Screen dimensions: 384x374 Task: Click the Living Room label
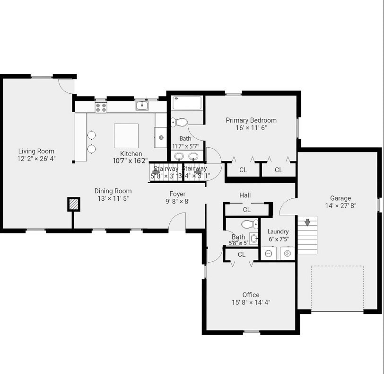tap(36, 151)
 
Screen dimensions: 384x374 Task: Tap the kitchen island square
tap(126, 136)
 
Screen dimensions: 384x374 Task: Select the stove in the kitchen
tap(101, 107)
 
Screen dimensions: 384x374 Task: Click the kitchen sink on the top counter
tap(142, 106)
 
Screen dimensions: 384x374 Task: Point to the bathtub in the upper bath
tap(187, 103)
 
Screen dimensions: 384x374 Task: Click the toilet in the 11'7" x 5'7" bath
tap(179, 122)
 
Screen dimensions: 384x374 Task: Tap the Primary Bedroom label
tap(251, 120)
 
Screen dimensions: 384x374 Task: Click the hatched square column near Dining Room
tap(73, 204)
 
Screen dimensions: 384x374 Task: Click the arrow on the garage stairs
tap(307, 221)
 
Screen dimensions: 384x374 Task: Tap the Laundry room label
tap(278, 232)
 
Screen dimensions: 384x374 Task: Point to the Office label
tap(251, 295)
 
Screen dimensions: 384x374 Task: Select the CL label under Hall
tap(246, 210)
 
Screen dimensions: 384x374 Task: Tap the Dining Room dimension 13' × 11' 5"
tap(113, 198)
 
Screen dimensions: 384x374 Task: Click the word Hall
tap(245, 195)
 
